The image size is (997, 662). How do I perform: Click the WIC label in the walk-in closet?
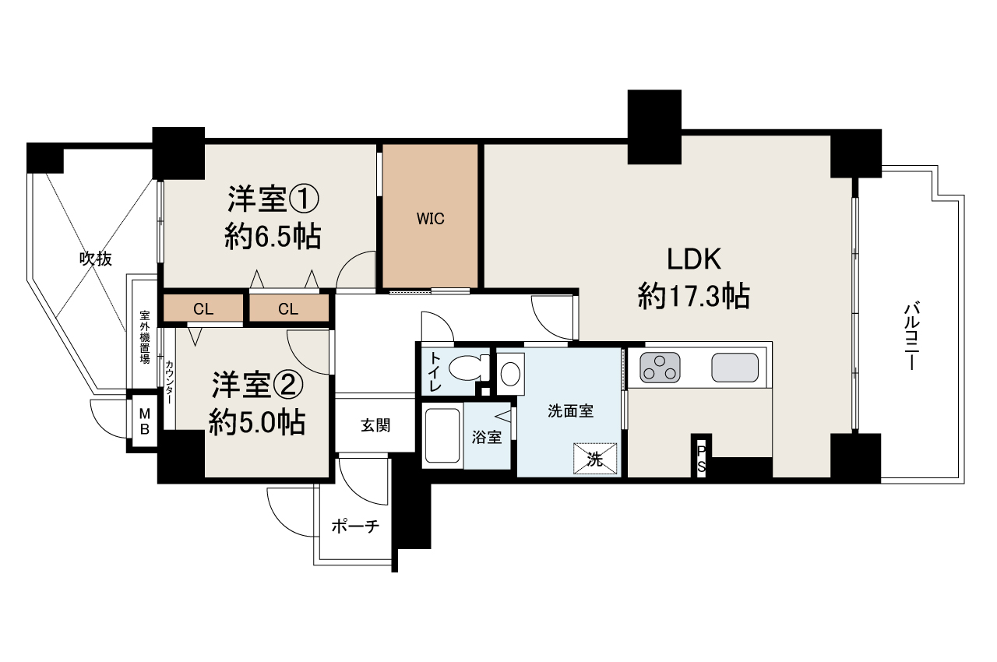tap(430, 219)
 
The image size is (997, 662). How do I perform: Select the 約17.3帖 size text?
tap(693, 296)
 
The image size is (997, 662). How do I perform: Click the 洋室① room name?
tap(272, 199)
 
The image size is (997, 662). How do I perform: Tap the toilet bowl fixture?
tap(468, 368)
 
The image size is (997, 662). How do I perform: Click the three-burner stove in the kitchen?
tap(660, 368)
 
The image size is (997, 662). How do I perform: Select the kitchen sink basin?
tap(735, 368)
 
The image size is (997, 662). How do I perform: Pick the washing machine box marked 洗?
tap(595, 459)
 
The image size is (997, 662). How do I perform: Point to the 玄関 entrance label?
tap(375, 425)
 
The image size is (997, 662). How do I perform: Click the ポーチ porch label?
tap(354, 526)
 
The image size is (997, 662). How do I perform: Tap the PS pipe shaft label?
tap(701, 458)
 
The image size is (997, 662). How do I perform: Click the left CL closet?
tap(203, 309)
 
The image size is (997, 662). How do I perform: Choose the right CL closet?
tap(288, 309)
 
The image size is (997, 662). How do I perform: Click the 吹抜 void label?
tap(95, 259)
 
